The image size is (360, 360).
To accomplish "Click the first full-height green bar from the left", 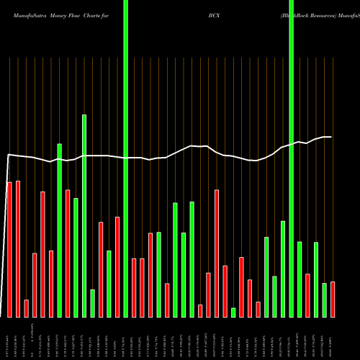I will [125, 158].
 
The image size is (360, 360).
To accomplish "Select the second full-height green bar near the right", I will [291, 158].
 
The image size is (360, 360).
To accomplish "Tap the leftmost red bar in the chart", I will [9, 249].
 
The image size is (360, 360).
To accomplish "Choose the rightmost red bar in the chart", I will [333, 299].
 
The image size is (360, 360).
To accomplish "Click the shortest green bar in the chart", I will [233, 312].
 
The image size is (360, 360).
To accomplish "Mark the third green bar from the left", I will [84, 215].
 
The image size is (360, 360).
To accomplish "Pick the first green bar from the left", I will [59, 230].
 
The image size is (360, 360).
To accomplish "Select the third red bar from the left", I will [26, 308].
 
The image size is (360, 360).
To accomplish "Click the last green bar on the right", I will [324, 300].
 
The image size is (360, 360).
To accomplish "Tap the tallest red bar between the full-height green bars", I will [217, 253].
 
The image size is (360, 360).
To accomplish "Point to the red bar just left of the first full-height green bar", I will [117, 266].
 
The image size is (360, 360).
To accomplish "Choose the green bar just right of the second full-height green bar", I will [300, 279].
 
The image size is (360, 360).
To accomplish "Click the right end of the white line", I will [331, 137].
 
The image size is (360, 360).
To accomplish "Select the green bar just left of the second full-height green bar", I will [283, 269].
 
